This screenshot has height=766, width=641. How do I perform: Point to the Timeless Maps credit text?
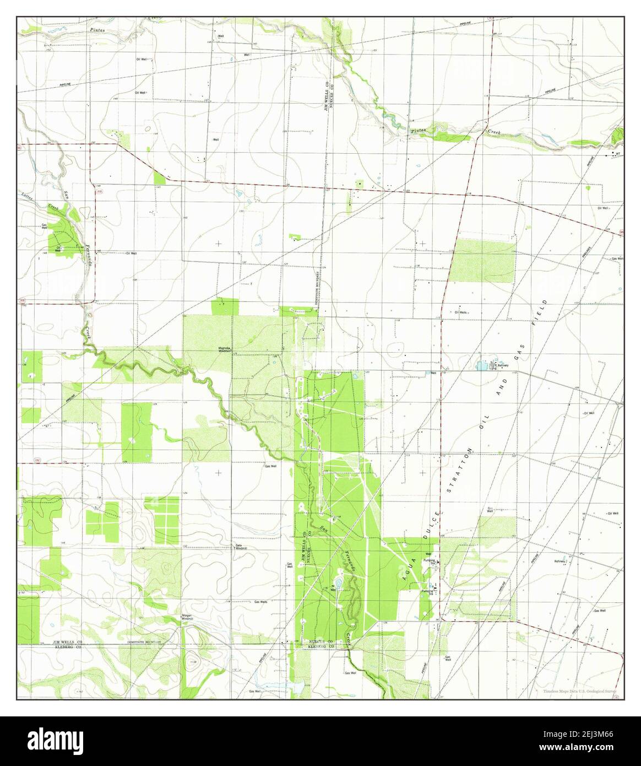[579, 691]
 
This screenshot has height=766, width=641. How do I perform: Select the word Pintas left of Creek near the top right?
[419, 130]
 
